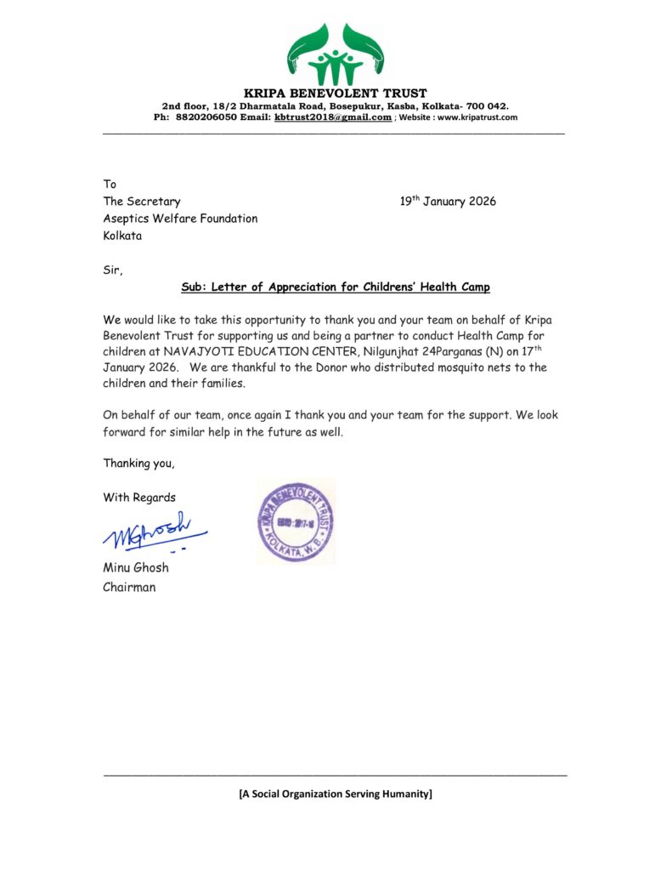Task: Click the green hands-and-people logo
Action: coord(335,52)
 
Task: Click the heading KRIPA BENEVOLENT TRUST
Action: coord(336,93)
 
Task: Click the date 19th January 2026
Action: coord(448,202)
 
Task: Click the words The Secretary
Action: coord(142,202)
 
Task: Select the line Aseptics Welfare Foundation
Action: coord(180,219)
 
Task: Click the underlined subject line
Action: coord(336,287)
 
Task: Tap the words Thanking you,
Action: coord(139,464)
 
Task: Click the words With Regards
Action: coord(140,498)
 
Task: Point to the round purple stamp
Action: coord(296,521)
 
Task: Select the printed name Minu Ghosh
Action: coord(136,567)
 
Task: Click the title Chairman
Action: coord(129,587)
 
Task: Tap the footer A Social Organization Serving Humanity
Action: coord(336,794)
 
